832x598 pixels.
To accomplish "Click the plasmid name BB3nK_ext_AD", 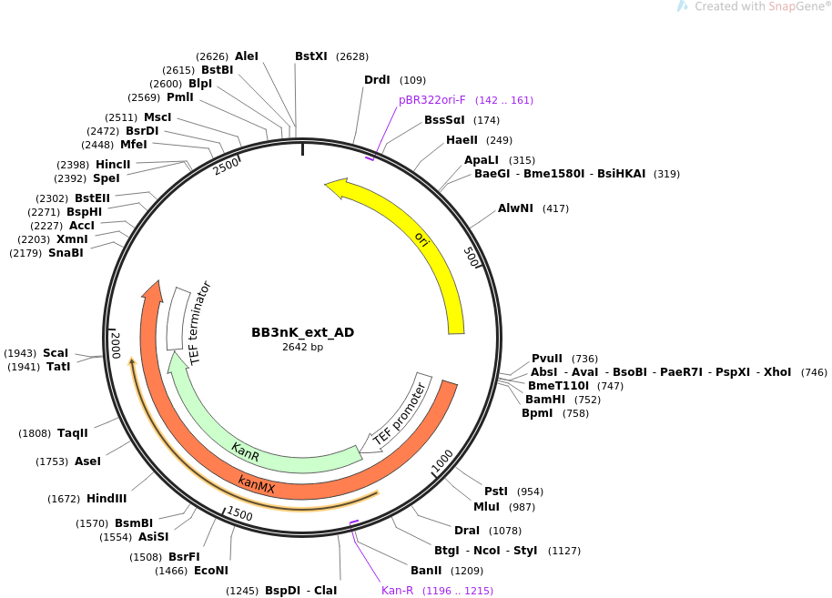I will tap(302, 332).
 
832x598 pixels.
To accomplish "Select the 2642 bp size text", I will tap(302, 347).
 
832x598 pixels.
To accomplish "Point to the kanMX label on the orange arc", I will tap(257, 484).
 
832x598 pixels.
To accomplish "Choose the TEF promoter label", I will tap(400, 414).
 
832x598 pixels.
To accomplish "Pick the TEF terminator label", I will tap(200, 323).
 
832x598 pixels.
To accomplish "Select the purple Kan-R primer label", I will tap(398, 591).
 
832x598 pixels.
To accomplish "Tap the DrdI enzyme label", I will tap(377, 80).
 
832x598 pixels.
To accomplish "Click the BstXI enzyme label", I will tap(310, 56).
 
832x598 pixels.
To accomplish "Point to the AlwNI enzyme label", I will tap(515, 208).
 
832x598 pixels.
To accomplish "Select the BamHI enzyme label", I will tap(544, 400).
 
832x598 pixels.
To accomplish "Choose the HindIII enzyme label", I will tap(107, 499).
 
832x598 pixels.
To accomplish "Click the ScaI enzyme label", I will tap(56, 353).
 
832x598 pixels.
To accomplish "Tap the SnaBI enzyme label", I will tap(66, 253).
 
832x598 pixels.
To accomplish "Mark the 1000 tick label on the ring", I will tap(442, 461).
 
